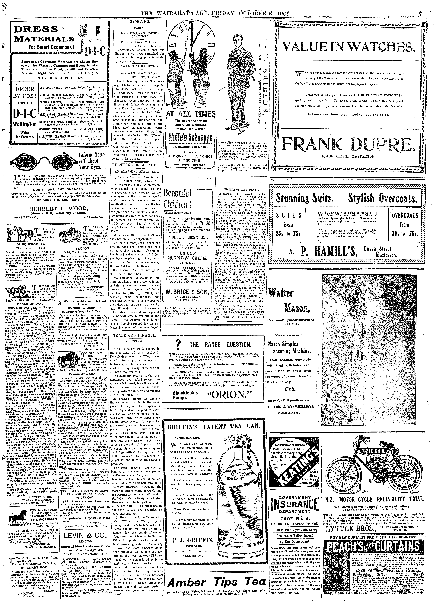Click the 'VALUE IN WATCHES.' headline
(348, 48)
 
